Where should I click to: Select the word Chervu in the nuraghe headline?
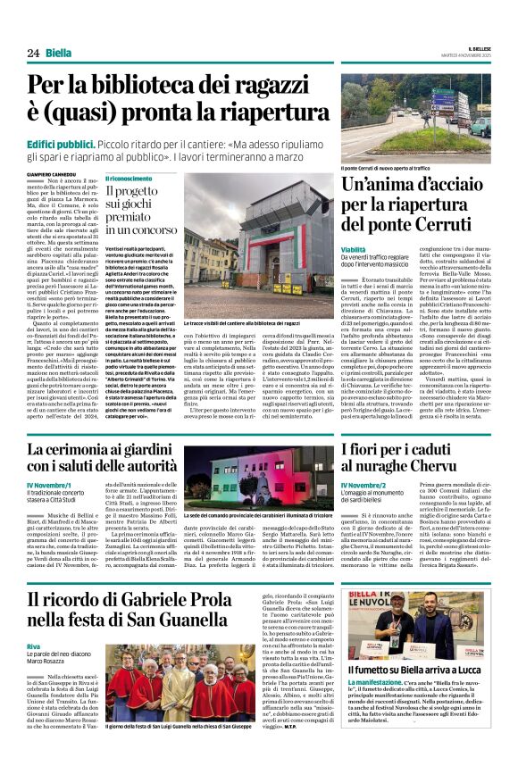point(477,467)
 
